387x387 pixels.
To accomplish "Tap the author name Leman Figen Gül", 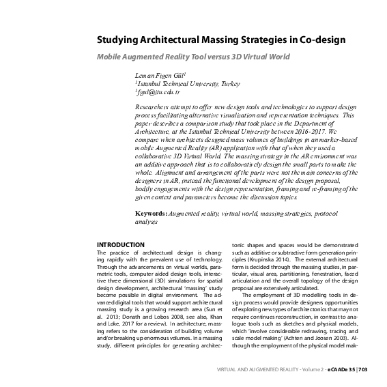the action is click(x=156, y=73).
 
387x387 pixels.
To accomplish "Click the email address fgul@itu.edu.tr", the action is click(x=158, y=91).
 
